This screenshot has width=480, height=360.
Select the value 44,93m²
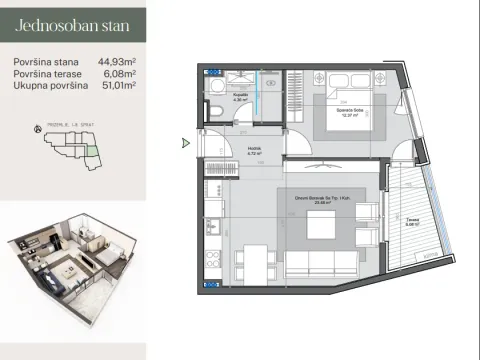coord(117,62)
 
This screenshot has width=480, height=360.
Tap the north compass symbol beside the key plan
coord(37,128)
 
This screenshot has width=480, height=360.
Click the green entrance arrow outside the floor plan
coord(185,143)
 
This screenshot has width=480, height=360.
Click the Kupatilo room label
coord(240,97)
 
